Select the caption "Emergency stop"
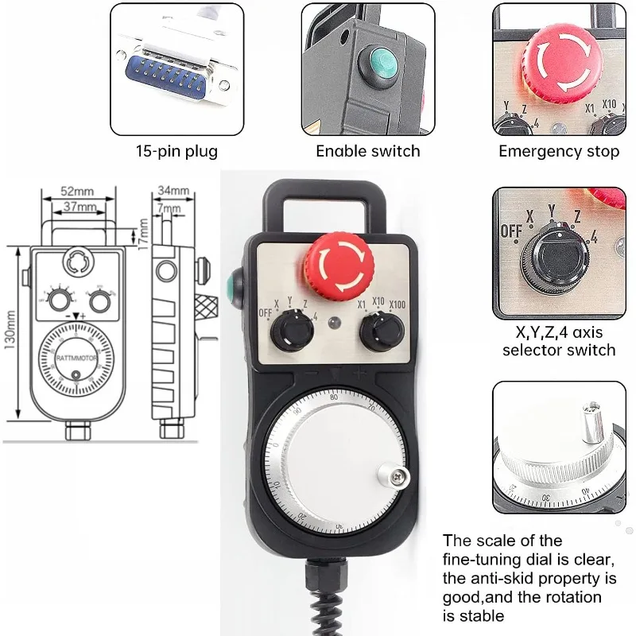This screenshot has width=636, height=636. [x=559, y=150]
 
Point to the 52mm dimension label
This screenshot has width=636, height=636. [x=76, y=192]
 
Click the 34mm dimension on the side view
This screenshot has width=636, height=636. [x=174, y=191]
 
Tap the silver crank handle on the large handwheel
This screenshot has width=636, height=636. [x=395, y=475]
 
